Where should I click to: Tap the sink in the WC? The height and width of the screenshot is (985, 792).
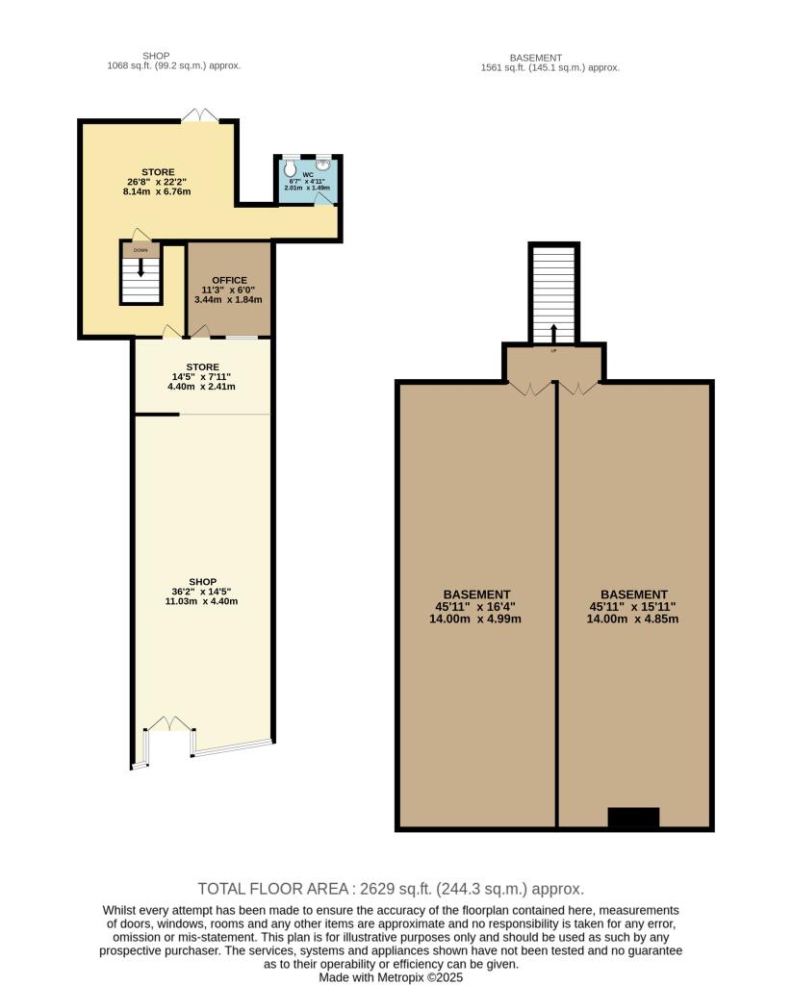(x=323, y=163)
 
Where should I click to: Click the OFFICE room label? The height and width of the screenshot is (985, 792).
(x=229, y=280)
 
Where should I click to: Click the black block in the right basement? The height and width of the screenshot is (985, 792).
(x=633, y=818)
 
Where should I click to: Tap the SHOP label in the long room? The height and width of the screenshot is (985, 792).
(x=202, y=582)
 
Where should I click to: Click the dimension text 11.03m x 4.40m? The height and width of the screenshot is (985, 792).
(x=201, y=601)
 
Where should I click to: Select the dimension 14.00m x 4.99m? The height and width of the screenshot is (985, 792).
(x=475, y=619)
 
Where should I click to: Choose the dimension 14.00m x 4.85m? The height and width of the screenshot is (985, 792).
(x=633, y=619)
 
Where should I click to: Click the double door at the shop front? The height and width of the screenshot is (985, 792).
(x=169, y=723)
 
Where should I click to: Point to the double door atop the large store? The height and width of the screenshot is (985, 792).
(x=200, y=115)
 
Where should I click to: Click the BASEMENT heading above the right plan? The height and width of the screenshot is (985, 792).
(x=536, y=58)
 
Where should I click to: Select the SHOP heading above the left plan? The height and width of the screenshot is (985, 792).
(x=156, y=56)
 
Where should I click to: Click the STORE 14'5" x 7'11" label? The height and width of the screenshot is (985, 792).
(x=202, y=367)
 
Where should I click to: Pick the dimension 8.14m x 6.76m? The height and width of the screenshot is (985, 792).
(x=157, y=191)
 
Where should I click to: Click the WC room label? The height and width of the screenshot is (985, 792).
(x=308, y=174)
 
